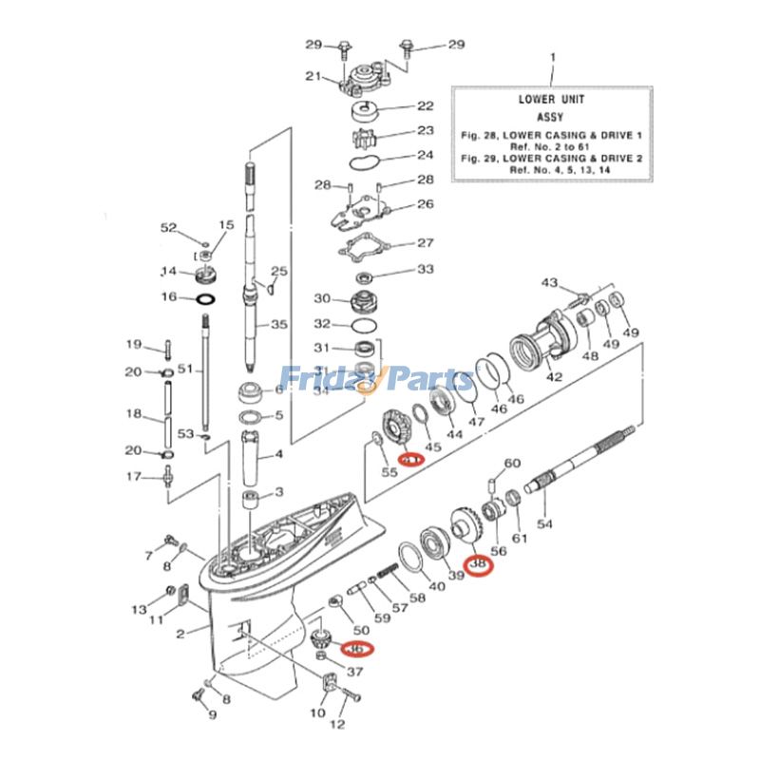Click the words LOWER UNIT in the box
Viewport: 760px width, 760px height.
pyautogui.click(x=551, y=99)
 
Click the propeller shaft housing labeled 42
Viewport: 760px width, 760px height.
pyautogui.click(x=541, y=344)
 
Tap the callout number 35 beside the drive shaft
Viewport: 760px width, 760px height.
pyautogui.click(x=278, y=324)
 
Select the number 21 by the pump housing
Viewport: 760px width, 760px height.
pyautogui.click(x=313, y=77)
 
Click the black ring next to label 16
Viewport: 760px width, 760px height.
pyautogui.click(x=204, y=298)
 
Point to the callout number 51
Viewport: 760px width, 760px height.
pyautogui.click(x=185, y=369)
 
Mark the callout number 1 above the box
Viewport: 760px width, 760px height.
pyautogui.click(x=551, y=59)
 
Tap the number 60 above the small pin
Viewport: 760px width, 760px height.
pyautogui.click(x=512, y=463)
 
